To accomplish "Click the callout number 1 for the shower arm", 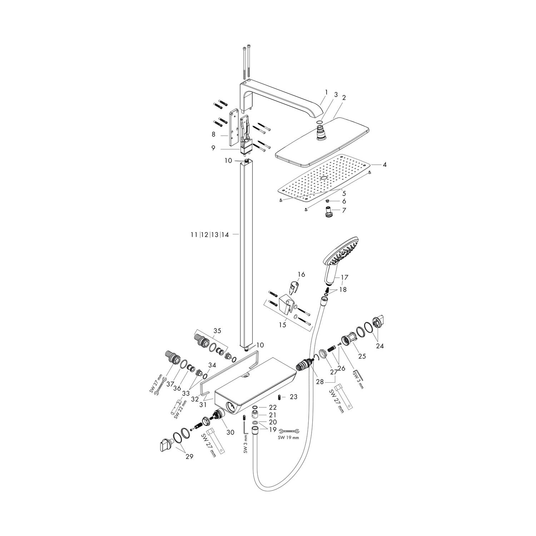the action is (326, 92).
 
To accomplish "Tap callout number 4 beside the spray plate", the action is (384, 165).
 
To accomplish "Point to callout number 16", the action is (301, 274).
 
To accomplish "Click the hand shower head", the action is (342, 253).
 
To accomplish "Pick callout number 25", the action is (362, 356).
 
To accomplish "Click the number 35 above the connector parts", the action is (217, 331).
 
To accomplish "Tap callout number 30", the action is (230, 432).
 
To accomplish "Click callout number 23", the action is (293, 397).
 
